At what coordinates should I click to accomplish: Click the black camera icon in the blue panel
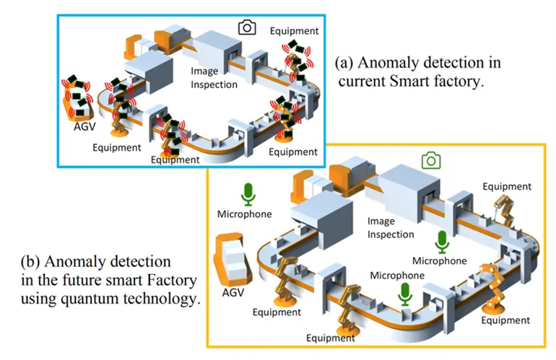click(x=247, y=27)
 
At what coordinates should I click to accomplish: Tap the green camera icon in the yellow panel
click(x=432, y=161)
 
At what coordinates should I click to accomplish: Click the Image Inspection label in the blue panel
click(x=214, y=78)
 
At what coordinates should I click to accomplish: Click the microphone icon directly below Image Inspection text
click(x=440, y=242)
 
